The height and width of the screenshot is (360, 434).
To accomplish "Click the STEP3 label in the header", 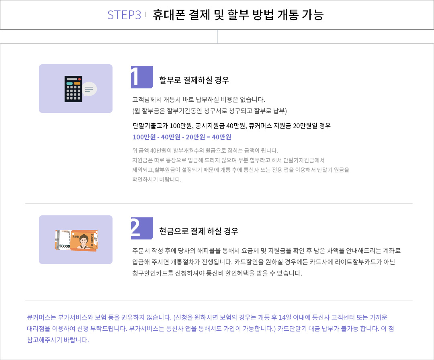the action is (x=124, y=15).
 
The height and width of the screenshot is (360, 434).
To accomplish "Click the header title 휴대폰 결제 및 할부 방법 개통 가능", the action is (x=238, y=15).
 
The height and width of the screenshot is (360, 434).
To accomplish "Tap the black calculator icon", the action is (x=73, y=89).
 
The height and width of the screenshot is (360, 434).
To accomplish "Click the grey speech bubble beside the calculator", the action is (x=90, y=89).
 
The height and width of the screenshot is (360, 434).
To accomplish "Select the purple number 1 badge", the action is (x=142, y=77).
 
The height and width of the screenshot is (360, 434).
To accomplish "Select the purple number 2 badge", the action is (x=142, y=228).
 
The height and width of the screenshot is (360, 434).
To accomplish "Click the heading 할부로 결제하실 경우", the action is (x=194, y=80).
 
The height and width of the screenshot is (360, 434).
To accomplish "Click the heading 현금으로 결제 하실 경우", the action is (x=199, y=231).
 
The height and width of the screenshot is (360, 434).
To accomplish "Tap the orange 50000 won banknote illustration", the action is (x=76, y=240).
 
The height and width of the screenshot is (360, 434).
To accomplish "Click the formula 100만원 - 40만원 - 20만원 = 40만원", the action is (x=182, y=137).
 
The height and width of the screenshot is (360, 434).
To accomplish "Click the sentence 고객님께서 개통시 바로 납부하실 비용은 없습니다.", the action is (x=199, y=100).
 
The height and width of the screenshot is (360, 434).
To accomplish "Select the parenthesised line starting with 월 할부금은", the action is (x=209, y=111).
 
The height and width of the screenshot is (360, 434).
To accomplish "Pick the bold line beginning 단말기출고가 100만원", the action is (x=232, y=126).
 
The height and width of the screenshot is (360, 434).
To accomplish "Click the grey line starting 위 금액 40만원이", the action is (x=205, y=151).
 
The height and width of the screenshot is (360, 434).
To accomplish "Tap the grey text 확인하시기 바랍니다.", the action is (x=157, y=179).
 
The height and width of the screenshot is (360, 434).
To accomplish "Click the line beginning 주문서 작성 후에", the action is (x=266, y=251).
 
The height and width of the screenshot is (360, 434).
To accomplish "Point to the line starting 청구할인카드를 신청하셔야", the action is (x=217, y=273).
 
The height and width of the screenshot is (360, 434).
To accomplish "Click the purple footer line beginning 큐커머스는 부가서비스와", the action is (x=207, y=317).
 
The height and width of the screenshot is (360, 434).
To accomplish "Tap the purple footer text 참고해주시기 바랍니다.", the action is (x=58, y=340).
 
